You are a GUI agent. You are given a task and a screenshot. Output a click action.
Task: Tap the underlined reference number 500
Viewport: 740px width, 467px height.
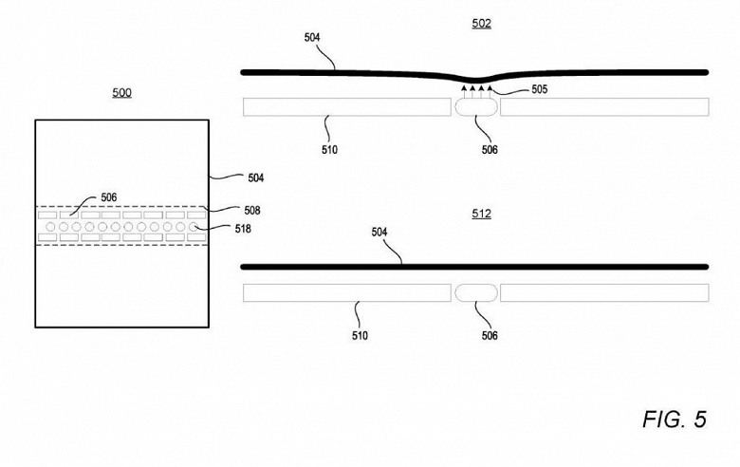click(x=121, y=92)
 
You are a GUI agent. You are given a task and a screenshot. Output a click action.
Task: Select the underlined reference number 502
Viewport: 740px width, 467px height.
click(x=482, y=23)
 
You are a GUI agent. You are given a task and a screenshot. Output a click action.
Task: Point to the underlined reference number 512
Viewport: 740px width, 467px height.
click(x=482, y=214)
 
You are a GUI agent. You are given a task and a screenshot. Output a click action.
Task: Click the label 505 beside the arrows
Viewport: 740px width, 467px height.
click(x=537, y=90)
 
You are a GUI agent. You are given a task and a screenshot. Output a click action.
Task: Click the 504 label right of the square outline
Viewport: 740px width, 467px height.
click(x=255, y=177)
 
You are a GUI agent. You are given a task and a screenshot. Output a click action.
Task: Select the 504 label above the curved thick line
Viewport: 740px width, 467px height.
click(x=312, y=38)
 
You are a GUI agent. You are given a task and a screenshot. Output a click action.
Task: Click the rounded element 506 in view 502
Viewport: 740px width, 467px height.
click(x=475, y=106)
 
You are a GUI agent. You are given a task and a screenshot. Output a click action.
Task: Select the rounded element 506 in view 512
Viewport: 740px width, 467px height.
click(x=475, y=292)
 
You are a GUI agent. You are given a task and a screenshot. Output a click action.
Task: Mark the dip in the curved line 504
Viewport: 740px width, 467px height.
click(x=475, y=81)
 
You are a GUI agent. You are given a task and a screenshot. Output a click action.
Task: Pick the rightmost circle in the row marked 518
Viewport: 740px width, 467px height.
click(x=193, y=228)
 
